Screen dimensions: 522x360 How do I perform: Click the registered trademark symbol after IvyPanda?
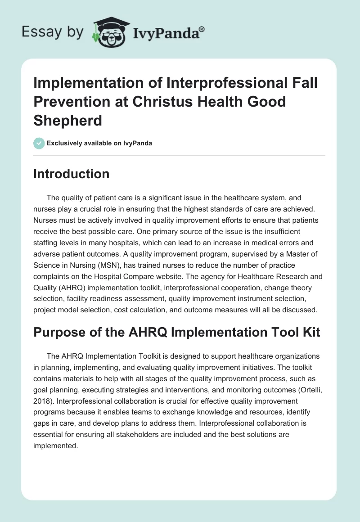pyautogui.click(x=202, y=29)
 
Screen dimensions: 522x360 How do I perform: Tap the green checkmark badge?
pyautogui.click(x=39, y=143)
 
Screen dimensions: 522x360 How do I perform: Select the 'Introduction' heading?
pyautogui.click(x=71, y=174)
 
